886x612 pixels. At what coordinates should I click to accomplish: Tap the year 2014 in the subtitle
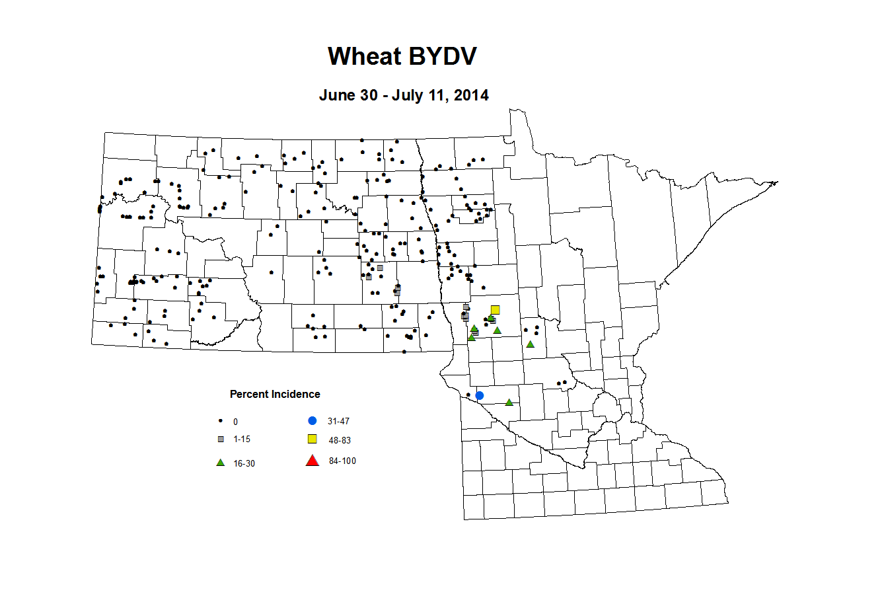point(471,95)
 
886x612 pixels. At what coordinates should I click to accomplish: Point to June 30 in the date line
point(348,95)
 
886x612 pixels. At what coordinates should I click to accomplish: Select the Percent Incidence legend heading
point(275,395)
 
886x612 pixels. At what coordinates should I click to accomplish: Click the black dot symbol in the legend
point(221,421)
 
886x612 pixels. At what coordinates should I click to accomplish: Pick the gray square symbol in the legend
point(221,439)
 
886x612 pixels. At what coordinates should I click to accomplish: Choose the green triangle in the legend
point(221,463)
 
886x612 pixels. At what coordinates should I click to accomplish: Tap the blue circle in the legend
point(313,420)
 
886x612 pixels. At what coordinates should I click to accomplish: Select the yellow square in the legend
point(313,439)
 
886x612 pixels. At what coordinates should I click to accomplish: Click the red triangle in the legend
point(313,461)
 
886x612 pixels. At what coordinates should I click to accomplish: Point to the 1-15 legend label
point(242,440)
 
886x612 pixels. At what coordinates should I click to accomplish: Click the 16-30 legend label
point(244,464)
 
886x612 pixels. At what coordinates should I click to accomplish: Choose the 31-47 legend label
point(338,422)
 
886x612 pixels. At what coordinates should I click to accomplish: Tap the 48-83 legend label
point(340,441)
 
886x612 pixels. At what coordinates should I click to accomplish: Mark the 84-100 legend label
point(342,461)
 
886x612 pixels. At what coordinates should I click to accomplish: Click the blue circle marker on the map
point(480,395)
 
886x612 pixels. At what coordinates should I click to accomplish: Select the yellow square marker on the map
point(495,310)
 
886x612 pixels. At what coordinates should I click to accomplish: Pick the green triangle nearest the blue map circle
point(509,402)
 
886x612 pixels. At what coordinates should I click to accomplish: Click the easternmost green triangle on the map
point(530,344)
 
